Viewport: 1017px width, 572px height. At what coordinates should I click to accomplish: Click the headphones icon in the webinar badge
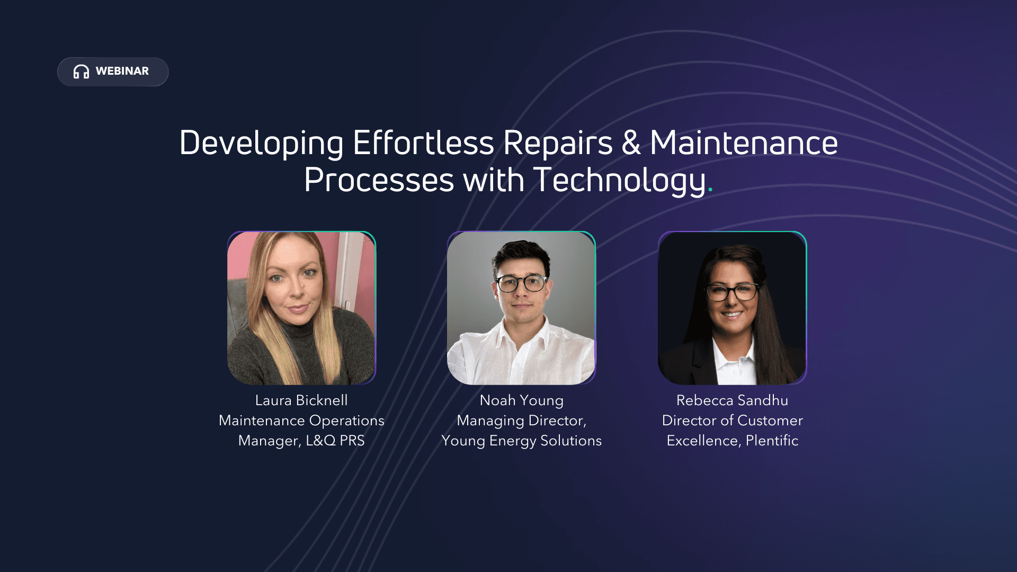pos(81,71)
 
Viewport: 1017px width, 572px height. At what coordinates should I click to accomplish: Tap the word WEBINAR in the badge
pos(122,71)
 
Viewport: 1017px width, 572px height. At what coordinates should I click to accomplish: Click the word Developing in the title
pos(262,144)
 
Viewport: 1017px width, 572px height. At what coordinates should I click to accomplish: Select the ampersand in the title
pos(631,142)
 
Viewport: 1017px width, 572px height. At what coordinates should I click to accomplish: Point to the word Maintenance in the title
pos(744,142)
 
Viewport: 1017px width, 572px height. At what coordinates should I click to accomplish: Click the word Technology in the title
pos(620,181)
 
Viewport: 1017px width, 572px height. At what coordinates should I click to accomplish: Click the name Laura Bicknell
pos(301,400)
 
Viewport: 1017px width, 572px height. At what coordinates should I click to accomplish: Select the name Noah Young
pos(522,401)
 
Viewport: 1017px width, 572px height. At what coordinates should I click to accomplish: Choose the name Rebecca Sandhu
pos(732,400)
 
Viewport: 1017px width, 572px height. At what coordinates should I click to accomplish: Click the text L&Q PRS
pos(335,441)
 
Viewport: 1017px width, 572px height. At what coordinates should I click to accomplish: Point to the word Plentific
pos(772,441)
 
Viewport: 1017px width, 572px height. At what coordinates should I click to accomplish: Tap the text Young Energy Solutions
pos(522,441)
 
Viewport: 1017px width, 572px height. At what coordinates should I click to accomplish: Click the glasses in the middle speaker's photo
pos(522,283)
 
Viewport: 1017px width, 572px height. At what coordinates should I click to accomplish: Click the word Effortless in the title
pos(423,142)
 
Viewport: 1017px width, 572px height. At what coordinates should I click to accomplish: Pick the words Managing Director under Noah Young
pos(522,421)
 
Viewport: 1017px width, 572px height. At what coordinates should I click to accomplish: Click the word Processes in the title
pos(379,181)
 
